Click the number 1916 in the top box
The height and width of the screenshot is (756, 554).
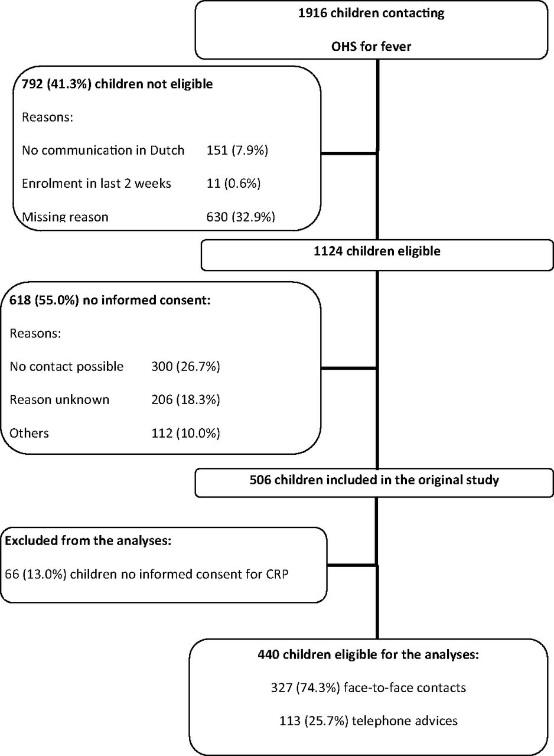pos(313,13)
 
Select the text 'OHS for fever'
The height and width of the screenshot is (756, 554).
pos(371,46)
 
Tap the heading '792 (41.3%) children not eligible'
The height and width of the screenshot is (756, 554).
pos(117,84)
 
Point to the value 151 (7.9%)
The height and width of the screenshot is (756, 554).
pos(237,150)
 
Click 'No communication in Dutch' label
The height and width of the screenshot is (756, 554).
pos(103,150)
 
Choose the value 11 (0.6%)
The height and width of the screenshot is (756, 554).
pos(233,183)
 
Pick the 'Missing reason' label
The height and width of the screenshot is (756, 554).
pos(65,216)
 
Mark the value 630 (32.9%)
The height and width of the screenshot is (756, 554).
pos(240,216)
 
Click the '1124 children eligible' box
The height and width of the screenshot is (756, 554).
pos(377,255)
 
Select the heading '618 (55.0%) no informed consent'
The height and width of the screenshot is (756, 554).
pos(110,299)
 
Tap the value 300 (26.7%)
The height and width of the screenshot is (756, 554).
pos(185,366)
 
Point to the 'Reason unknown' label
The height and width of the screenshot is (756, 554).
pos(60,400)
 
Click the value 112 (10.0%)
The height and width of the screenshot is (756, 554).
pos(185,433)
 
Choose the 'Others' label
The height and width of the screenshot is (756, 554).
pos(29,433)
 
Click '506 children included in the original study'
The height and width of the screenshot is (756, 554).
pos(374,480)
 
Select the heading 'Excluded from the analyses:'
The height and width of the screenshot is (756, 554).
pos(88,540)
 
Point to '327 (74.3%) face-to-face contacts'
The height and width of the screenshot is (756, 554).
pos(369,687)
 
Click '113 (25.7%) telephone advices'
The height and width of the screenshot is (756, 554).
pos(369,721)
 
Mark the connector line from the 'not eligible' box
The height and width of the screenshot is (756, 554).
pos(349,153)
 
